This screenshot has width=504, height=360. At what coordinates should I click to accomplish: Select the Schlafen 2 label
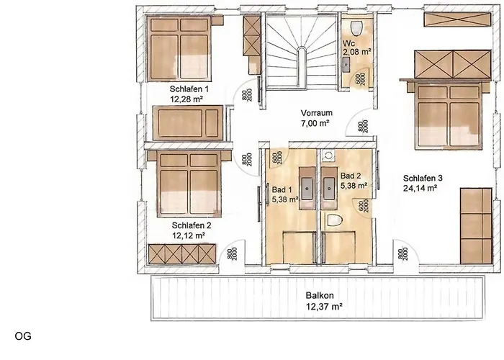[187, 225]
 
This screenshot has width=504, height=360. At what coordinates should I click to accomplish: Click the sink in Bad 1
[307, 186]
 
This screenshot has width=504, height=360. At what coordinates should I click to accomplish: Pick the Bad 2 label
[350, 175]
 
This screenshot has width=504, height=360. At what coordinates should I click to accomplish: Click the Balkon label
[318, 295]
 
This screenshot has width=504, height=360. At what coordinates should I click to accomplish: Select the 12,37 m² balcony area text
[318, 306]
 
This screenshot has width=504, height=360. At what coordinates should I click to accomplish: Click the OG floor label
[21, 336]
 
